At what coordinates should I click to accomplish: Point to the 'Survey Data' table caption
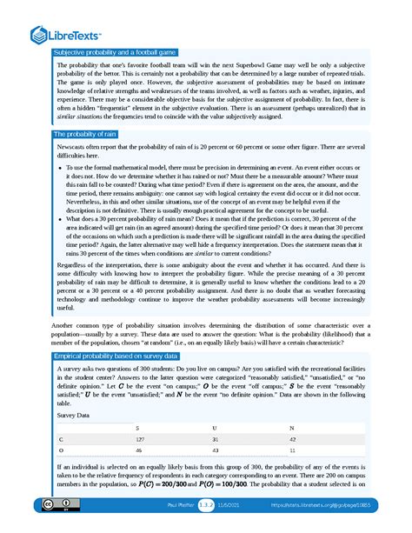pyautogui.click(x=75, y=416)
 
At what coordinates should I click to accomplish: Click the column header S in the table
pyautogui.click(x=137, y=429)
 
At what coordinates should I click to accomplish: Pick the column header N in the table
pyautogui.click(x=291, y=429)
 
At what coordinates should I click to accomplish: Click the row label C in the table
pyautogui.click(x=60, y=440)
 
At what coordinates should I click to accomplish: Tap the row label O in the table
pyautogui.click(x=60, y=452)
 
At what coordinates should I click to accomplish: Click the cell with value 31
pyautogui.click(x=216, y=440)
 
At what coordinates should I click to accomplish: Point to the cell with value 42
pyautogui.click(x=293, y=440)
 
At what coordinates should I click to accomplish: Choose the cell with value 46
pyautogui.click(x=139, y=452)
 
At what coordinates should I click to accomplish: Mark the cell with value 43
pyautogui.click(x=216, y=452)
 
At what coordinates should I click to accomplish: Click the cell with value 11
pyautogui.click(x=292, y=452)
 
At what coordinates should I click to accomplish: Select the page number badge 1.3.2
pyautogui.click(x=207, y=505)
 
